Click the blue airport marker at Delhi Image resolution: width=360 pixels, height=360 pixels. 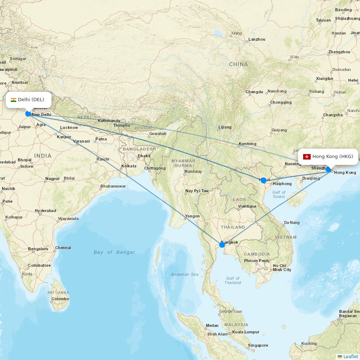pyautogui.click(x=28, y=114)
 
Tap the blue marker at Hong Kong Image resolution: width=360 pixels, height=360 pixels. pyautogui.click(x=328, y=170)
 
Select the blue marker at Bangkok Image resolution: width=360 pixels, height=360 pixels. pyautogui.click(x=222, y=245)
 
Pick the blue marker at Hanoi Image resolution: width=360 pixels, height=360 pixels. pyautogui.click(x=264, y=180)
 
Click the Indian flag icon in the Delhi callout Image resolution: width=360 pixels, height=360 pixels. pyautogui.click(x=14, y=100)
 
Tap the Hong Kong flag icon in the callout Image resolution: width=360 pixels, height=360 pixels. pyautogui.click(x=307, y=157)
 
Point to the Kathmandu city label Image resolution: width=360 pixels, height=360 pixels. pyautogui.click(x=109, y=121)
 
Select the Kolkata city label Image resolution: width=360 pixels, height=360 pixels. pyautogui.click(x=129, y=166)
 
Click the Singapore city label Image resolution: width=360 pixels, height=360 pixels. pyautogui.click(x=258, y=346)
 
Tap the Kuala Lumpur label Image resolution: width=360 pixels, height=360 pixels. pyautogui.click(x=246, y=332)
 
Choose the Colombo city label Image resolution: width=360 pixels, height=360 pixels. pyautogui.click(x=60, y=299)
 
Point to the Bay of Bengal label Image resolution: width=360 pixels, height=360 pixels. pyautogui.click(x=114, y=252)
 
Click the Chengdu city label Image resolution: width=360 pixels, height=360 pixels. pyautogui.click(x=255, y=92)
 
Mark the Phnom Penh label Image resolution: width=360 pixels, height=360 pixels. pyautogui.click(x=256, y=261)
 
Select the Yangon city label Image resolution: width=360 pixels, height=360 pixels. pyautogui.click(x=192, y=216)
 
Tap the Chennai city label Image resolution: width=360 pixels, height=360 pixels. pyautogui.click(x=63, y=248)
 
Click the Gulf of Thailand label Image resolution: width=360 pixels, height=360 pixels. pyautogui.click(x=233, y=280)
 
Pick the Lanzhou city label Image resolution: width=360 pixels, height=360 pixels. pyautogui.click(x=257, y=40)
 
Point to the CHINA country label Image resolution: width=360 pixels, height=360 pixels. pyautogui.click(x=238, y=64)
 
